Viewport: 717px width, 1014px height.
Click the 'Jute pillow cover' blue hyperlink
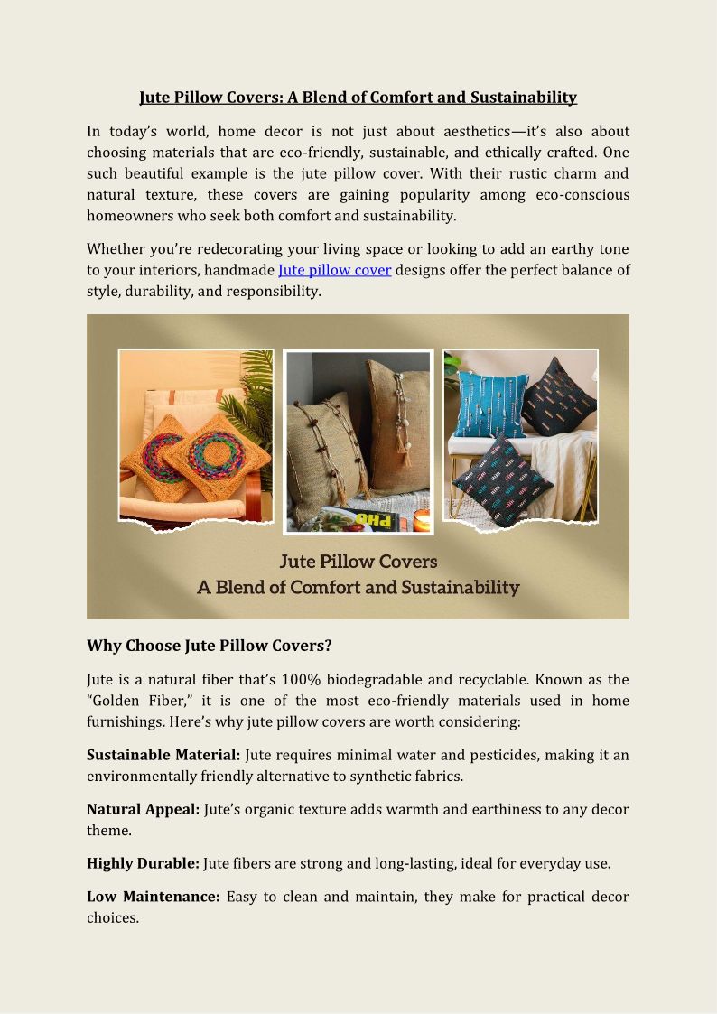point(334,270)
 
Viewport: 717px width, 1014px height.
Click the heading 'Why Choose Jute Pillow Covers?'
point(210,646)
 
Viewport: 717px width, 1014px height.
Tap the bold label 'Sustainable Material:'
point(163,755)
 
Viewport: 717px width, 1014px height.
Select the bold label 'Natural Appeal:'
point(143,809)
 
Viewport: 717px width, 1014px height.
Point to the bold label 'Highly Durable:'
point(143,863)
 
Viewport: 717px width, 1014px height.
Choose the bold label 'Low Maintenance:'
point(153,897)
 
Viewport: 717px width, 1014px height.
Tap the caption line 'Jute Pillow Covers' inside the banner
point(358,562)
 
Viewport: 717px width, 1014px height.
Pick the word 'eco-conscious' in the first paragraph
point(582,194)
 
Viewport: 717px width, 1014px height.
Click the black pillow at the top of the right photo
point(558,395)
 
